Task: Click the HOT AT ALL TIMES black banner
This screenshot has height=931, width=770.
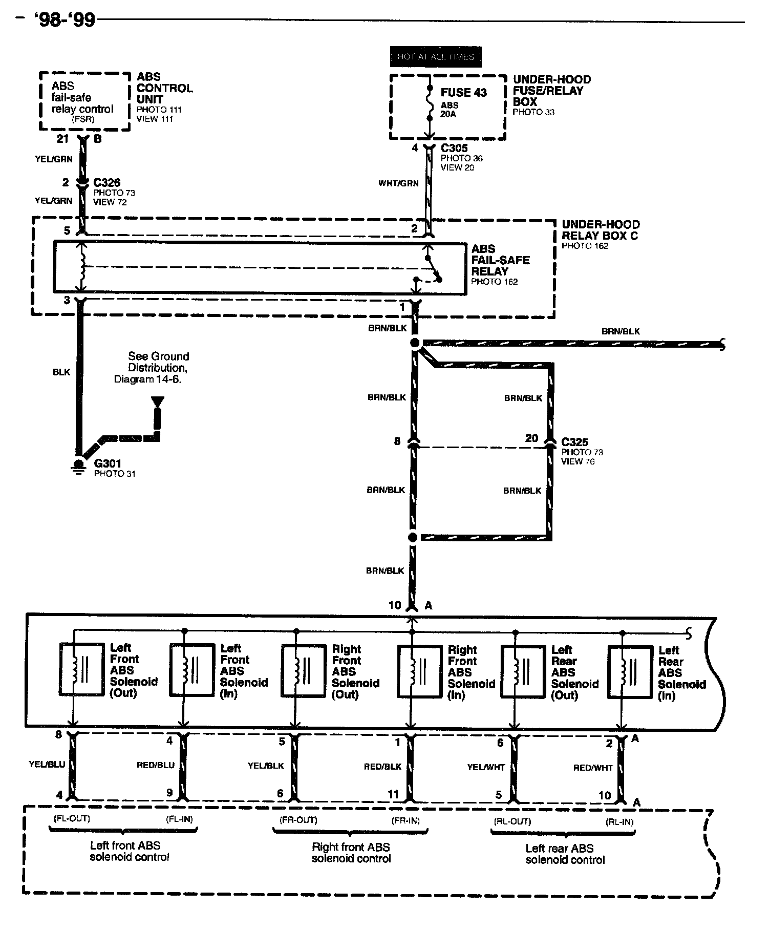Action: click(436, 57)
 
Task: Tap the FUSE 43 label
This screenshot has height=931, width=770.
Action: click(463, 93)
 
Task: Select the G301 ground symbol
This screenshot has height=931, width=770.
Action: click(78, 465)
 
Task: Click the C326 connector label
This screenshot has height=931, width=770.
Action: click(107, 183)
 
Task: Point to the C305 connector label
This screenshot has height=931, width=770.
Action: click(454, 149)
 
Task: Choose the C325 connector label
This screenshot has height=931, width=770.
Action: click(574, 442)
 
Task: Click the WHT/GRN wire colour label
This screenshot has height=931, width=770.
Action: click(398, 183)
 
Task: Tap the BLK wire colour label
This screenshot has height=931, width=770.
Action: click(61, 372)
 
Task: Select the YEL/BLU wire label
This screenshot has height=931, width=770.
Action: click(47, 765)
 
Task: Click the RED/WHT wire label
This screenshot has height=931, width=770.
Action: click(593, 768)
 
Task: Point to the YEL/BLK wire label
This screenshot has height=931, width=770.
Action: click(266, 766)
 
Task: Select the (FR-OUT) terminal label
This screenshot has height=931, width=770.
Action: click(298, 820)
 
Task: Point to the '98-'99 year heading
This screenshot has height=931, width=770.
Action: click(65, 20)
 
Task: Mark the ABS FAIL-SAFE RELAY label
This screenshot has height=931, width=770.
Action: click(500, 260)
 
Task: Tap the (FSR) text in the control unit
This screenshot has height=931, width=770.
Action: click(82, 120)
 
